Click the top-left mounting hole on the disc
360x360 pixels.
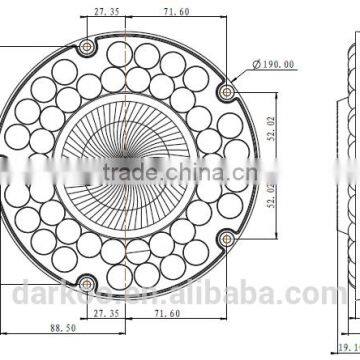(89, 44)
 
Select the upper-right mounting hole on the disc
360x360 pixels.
(222, 87)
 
